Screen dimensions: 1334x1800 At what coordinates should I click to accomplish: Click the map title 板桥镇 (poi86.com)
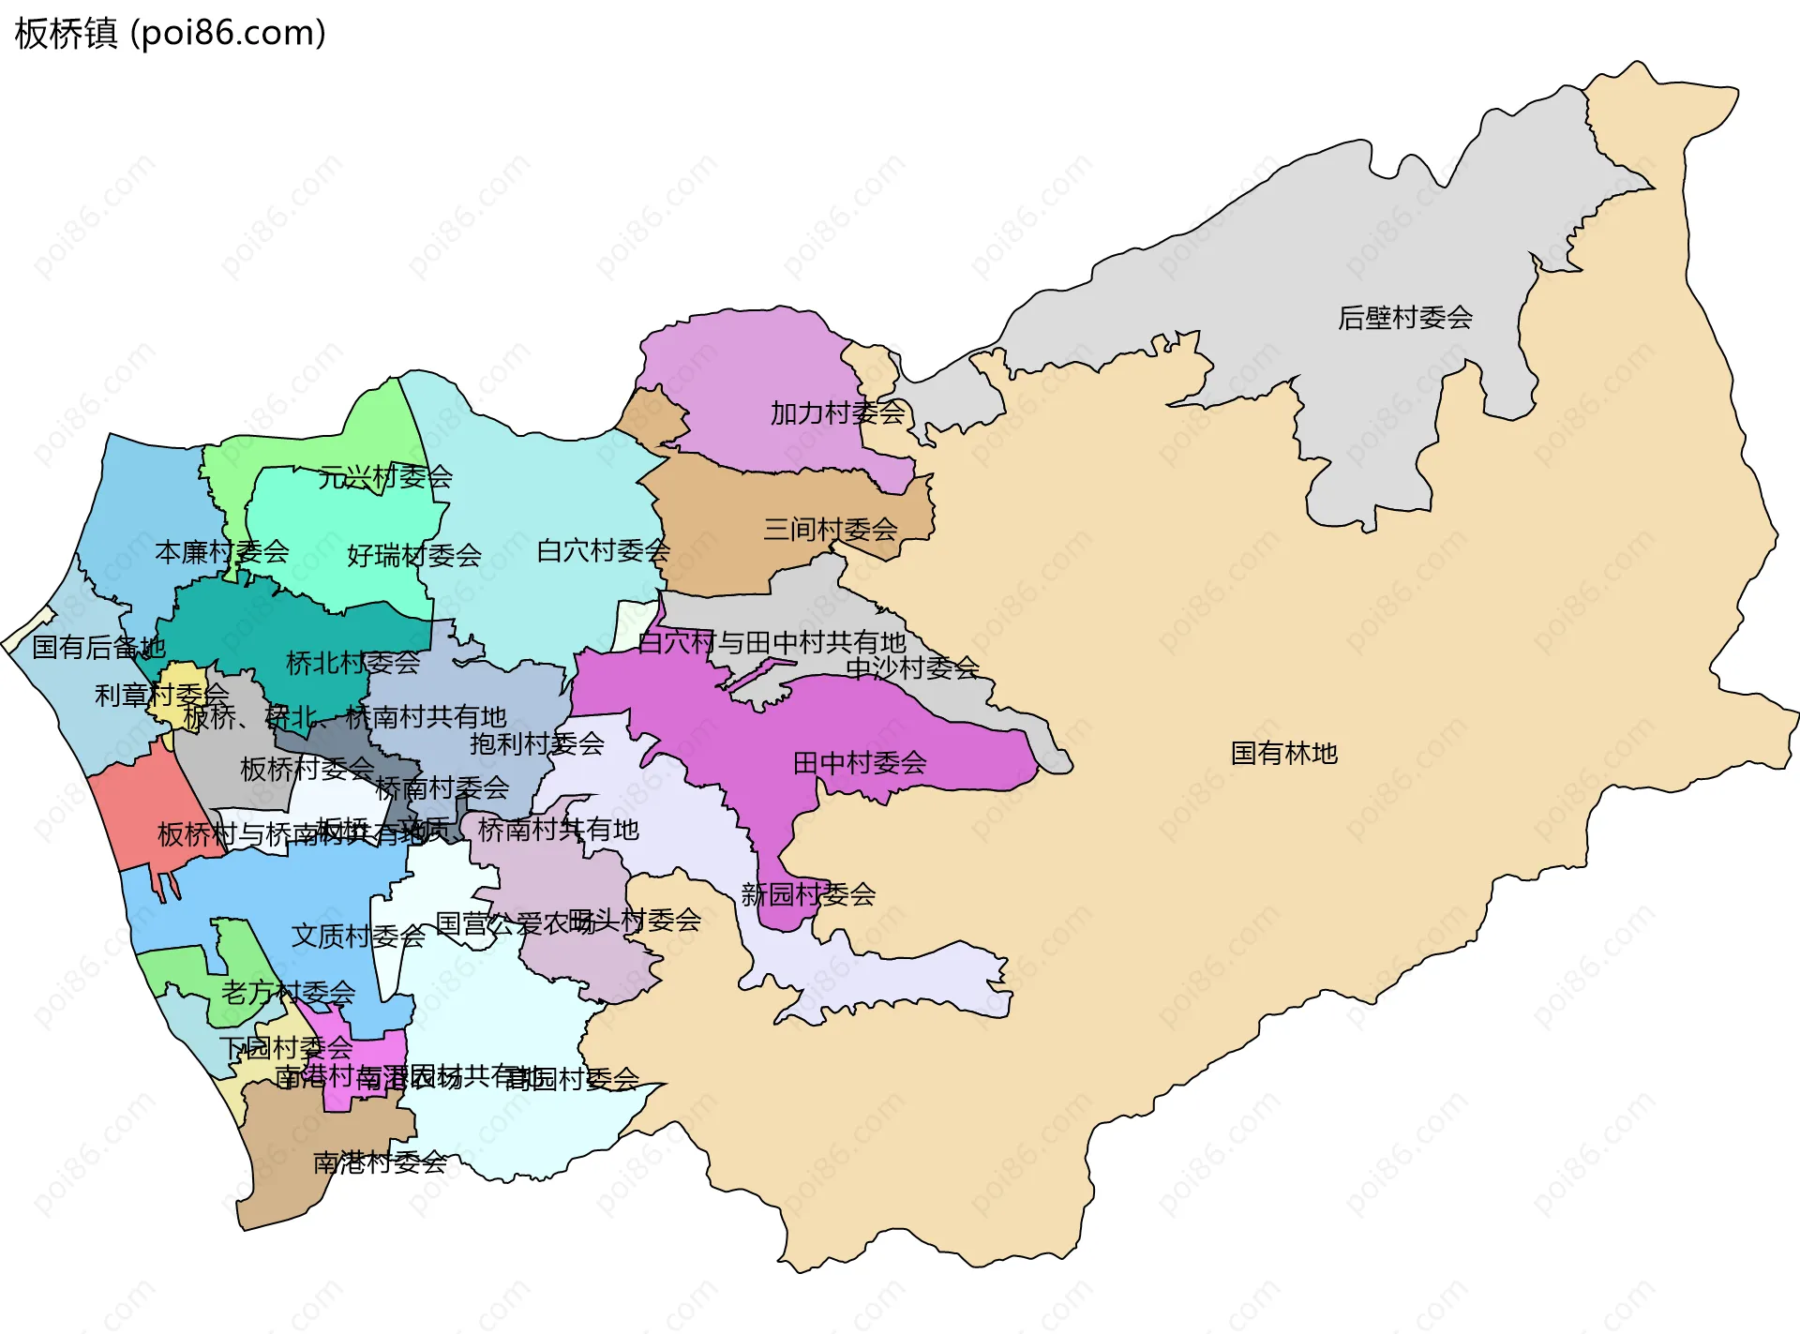[170, 33]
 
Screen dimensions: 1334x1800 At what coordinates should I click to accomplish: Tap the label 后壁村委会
[1404, 318]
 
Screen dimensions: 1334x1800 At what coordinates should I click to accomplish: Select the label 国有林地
[1282, 753]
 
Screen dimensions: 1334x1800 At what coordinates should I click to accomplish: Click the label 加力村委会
[837, 412]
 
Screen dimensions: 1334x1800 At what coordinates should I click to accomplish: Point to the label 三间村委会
[830, 529]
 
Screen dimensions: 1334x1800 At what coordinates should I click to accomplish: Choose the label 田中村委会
[859, 763]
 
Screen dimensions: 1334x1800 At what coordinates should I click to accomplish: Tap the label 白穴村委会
[603, 550]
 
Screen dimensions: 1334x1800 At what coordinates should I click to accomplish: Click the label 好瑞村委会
[413, 555]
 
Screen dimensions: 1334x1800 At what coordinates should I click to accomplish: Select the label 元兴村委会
[384, 477]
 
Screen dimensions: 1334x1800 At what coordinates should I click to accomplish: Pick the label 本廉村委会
[221, 551]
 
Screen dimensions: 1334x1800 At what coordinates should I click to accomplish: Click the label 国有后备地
[98, 647]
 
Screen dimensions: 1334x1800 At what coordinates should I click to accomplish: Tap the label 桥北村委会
[352, 663]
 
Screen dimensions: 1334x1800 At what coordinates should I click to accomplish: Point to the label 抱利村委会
[536, 743]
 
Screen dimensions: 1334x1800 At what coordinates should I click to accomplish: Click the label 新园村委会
[807, 894]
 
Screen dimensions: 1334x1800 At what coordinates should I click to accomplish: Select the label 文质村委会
[357, 936]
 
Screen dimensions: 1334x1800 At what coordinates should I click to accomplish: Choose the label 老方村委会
[288, 992]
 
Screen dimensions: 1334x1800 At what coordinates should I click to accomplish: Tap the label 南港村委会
[379, 1162]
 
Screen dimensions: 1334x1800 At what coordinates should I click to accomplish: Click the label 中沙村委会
[912, 667]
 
